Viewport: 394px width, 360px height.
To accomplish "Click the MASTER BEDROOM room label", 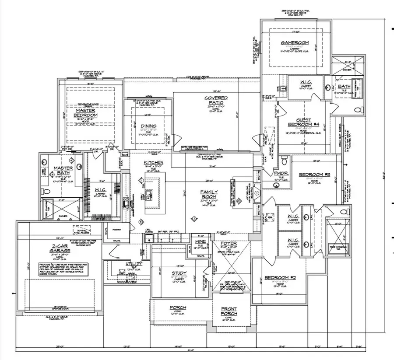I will (x=86, y=112).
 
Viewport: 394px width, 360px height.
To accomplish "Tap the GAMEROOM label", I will (x=295, y=42).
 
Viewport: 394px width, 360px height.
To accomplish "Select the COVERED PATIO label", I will (x=216, y=100).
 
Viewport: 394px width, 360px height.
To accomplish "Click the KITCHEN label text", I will (x=154, y=163).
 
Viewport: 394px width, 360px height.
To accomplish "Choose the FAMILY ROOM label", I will (x=209, y=195).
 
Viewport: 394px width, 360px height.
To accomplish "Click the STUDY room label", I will (x=179, y=273).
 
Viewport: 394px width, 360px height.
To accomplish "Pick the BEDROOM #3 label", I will (x=314, y=175).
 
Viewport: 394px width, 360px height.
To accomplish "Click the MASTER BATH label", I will (x=63, y=171).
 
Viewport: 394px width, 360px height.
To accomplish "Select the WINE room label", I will (x=200, y=241).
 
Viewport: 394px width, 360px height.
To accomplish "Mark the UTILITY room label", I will (x=134, y=264).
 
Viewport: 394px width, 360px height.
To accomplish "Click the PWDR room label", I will (x=281, y=173).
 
